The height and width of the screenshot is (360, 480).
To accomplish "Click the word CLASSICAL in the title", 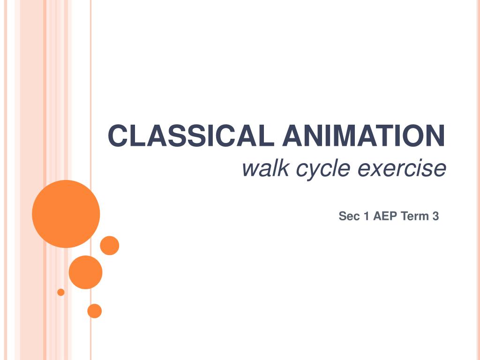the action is [191, 135].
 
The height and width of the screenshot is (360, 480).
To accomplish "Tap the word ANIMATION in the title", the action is [364, 135].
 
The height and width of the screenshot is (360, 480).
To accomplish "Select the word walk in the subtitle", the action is [265, 168].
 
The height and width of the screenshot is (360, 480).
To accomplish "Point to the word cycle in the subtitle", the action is [323, 170].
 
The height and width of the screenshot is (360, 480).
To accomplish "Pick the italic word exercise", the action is [402, 168].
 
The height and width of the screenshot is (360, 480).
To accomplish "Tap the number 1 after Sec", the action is [366, 216].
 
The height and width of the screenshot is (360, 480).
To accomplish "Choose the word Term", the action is [415, 216].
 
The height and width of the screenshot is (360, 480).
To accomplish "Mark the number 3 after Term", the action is [435, 216].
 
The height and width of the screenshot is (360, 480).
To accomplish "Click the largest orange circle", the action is [66, 214].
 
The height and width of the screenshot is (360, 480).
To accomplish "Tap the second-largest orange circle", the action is [85, 272].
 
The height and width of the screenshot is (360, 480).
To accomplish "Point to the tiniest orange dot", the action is [61, 292].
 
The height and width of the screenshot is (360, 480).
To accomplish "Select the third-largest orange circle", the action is [110, 246].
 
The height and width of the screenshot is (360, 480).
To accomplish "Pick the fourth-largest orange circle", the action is [95, 311].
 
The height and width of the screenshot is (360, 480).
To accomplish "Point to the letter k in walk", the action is [283, 168].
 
